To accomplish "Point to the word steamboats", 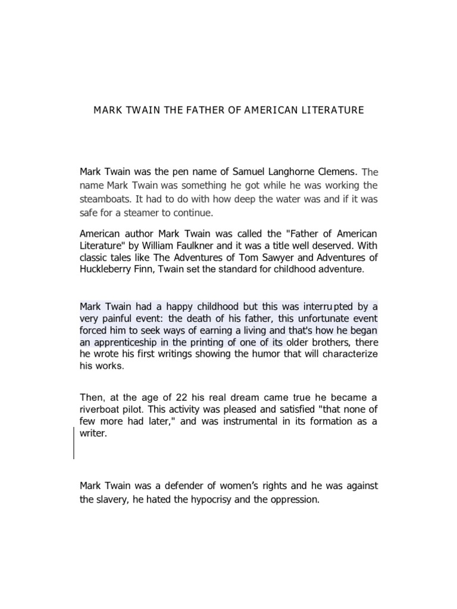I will coord(103,199).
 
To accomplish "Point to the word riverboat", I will coord(100,409).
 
